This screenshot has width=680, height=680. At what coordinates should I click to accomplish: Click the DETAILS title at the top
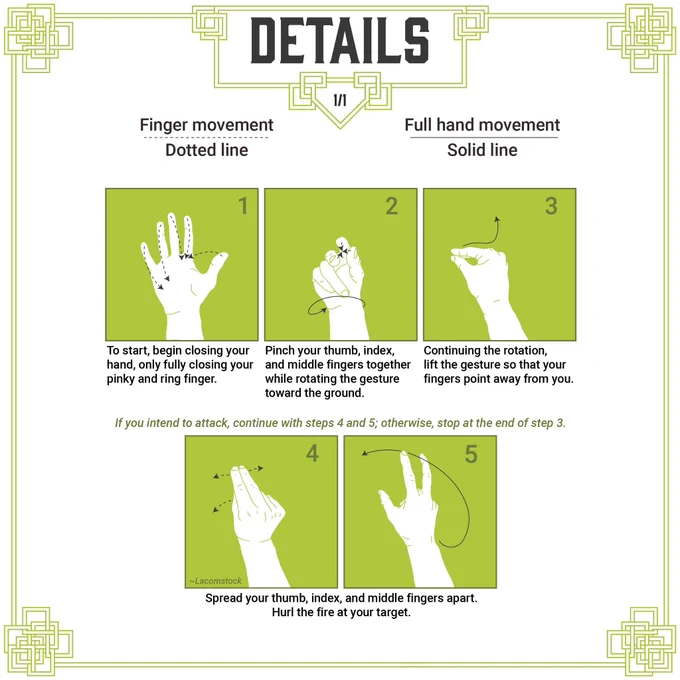click(x=340, y=40)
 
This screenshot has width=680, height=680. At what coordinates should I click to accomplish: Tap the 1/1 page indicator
click(x=340, y=100)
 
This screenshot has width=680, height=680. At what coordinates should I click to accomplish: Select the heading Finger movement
click(x=206, y=125)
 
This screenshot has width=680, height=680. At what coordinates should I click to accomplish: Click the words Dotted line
click(x=206, y=150)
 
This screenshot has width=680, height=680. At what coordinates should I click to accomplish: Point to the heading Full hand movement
click(x=482, y=125)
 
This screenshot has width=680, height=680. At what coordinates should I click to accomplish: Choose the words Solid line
click(x=482, y=150)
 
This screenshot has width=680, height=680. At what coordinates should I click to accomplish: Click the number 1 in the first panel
click(x=243, y=206)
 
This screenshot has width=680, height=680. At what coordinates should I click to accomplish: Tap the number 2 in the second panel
click(x=392, y=206)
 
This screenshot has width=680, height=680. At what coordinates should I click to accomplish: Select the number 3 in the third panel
click(x=551, y=206)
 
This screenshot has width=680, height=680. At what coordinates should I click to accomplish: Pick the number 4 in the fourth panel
click(x=312, y=453)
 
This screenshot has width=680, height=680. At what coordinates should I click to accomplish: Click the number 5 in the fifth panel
click(x=471, y=454)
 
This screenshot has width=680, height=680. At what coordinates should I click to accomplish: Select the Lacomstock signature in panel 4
click(x=216, y=581)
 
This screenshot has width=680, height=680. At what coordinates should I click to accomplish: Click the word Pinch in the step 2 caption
click(x=279, y=350)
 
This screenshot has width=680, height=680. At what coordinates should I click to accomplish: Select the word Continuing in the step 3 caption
click(x=453, y=350)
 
